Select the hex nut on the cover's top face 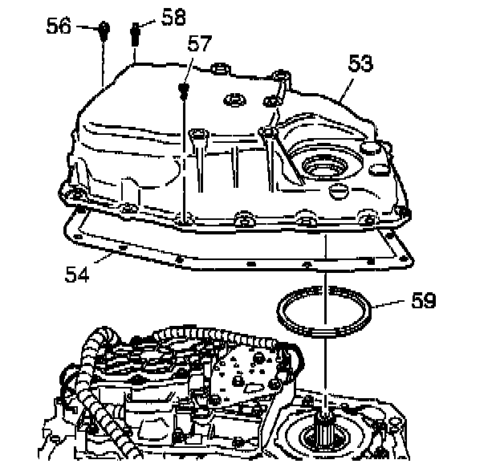pos(234,100)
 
